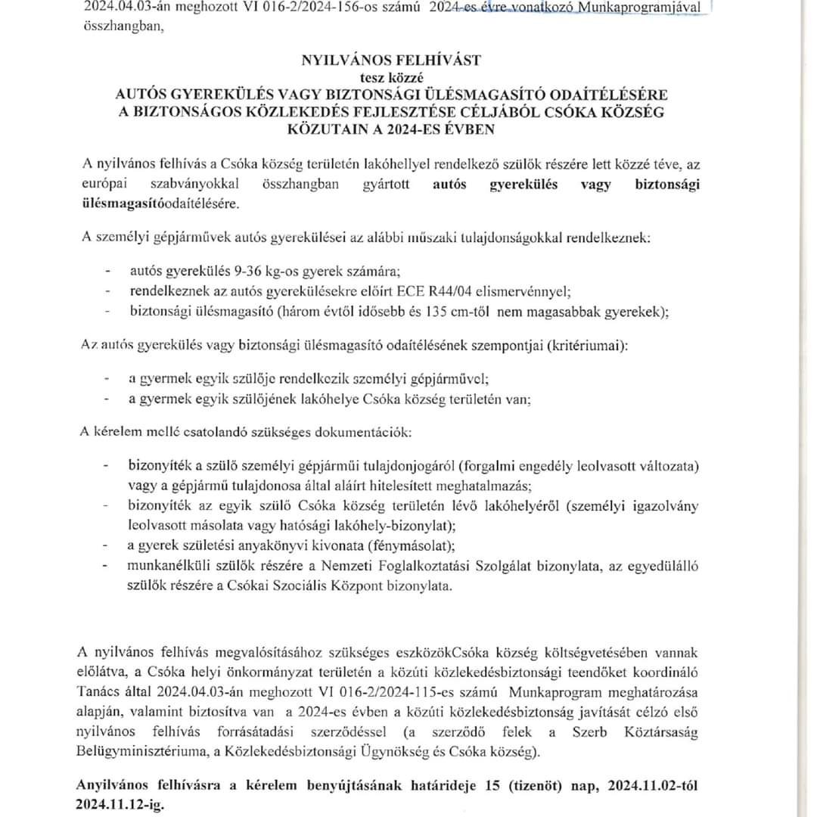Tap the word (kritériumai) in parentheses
click(x=586, y=344)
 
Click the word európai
click(x=105, y=185)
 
